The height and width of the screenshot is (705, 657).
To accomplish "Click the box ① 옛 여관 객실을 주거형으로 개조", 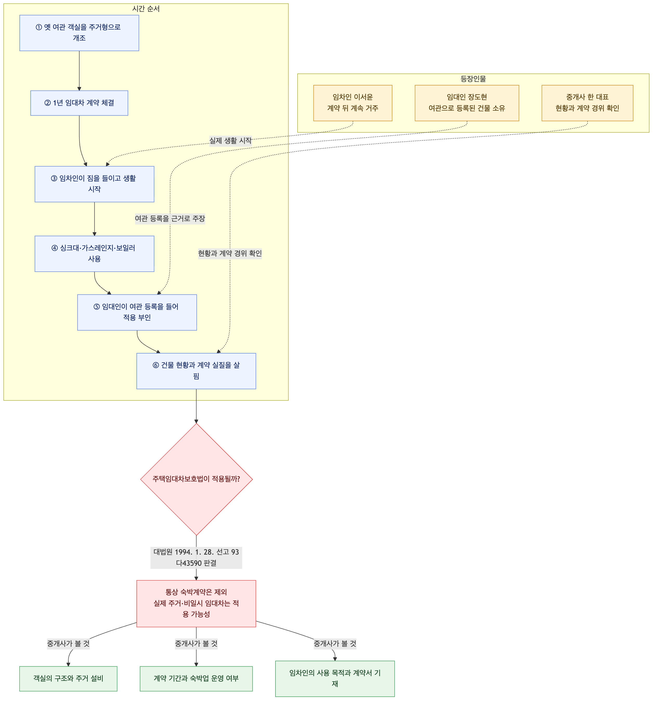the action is pos(79,33).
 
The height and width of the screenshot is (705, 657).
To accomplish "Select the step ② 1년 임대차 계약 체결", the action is pos(79,103).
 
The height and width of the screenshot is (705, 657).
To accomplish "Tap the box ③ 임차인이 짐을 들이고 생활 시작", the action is pos(94,184).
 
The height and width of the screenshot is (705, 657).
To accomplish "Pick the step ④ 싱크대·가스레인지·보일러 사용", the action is pos(94,254).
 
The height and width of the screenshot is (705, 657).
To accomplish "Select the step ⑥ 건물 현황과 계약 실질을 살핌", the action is pos(196,371).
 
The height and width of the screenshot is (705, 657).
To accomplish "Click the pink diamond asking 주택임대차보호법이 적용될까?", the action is pos(196,479).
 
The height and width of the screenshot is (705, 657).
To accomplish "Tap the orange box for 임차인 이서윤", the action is pos(353,103).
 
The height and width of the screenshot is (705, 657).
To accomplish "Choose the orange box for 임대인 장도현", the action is pos(467,103).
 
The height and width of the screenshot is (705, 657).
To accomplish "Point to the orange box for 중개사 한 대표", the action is pos(587,103).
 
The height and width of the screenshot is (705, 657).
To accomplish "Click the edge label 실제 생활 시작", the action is pos(231,141).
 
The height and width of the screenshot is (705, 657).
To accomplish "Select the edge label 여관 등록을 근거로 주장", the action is pos(170,218).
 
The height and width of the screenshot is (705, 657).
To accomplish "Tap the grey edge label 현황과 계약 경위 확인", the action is pos(230,253).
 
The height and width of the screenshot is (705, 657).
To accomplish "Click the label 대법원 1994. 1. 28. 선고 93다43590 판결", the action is pos(196,557).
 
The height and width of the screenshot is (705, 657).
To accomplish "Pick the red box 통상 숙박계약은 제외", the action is pos(196,603).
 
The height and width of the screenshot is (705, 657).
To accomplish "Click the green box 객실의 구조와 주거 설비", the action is pos(68,679).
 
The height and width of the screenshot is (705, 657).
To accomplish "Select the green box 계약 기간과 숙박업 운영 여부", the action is pos(196,679).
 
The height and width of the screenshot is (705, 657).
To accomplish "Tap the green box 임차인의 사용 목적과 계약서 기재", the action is pos(335,679).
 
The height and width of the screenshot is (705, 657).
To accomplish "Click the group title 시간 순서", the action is pos(146,9).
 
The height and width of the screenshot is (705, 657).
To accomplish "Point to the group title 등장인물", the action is pos(473,79).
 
